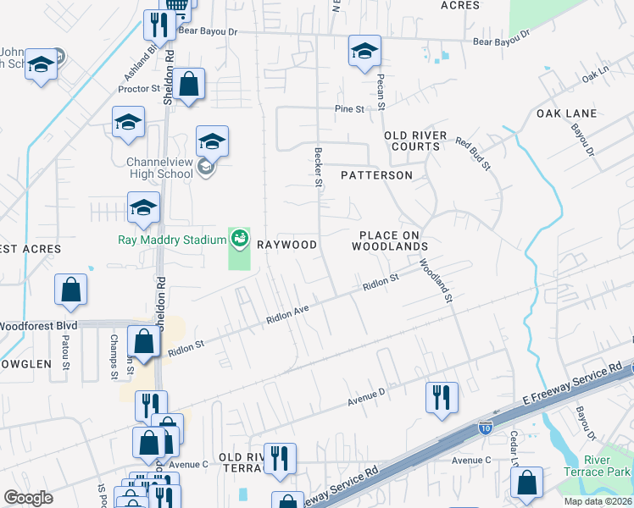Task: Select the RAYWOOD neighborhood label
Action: click(x=286, y=245)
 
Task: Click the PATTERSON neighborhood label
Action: click(x=376, y=175)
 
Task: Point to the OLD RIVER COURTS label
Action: click(x=412, y=141)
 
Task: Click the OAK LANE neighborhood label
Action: click(x=566, y=113)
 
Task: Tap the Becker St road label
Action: click(x=319, y=166)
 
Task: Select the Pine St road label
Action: click(x=348, y=109)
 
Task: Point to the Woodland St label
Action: click(x=437, y=280)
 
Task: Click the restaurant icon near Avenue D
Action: click(x=442, y=396)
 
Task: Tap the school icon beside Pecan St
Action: click(x=365, y=52)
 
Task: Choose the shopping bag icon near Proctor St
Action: click(x=189, y=84)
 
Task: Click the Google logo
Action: click(x=28, y=497)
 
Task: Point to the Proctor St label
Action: click(x=140, y=88)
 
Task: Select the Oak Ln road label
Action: click(x=596, y=77)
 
